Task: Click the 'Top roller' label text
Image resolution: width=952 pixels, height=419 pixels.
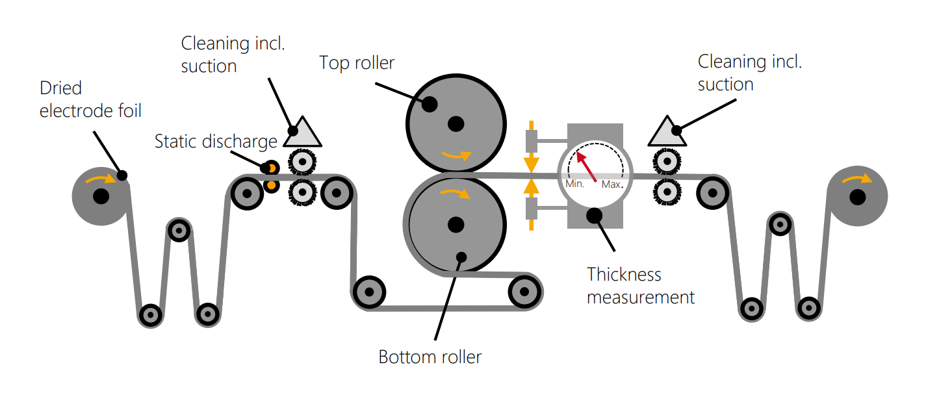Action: coord(357,63)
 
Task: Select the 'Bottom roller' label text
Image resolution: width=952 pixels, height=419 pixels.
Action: coord(430,357)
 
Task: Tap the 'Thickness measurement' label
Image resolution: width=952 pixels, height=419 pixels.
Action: coord(640,286)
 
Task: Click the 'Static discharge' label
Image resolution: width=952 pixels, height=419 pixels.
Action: coord(216,141)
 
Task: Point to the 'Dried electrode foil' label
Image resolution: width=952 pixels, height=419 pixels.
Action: coord(90,99)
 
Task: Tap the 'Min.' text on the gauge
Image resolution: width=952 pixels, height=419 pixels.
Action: coord(575,184)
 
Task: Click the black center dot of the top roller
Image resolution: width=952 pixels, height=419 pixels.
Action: coord(456,122)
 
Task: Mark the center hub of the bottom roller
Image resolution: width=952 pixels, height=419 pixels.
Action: coord(456,224)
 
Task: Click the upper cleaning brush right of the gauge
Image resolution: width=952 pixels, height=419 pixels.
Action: coord(666,161)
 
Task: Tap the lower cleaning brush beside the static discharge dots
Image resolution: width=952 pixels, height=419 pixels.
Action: coord(301,192)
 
